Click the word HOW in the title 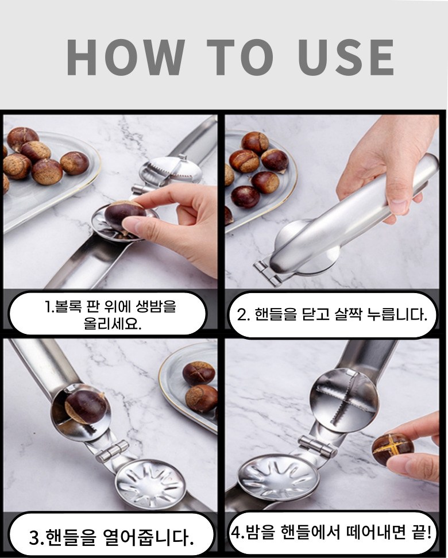point(126,57)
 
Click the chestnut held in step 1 point(125,215)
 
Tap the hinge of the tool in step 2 point(267,272)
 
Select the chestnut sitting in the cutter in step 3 point(86,407)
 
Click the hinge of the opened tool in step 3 point(113,451)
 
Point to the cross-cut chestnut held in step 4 point(393,449)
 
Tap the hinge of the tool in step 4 point(318,447)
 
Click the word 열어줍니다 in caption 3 point(146,537)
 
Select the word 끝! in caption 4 point(422,532)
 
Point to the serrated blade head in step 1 point(171,171)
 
